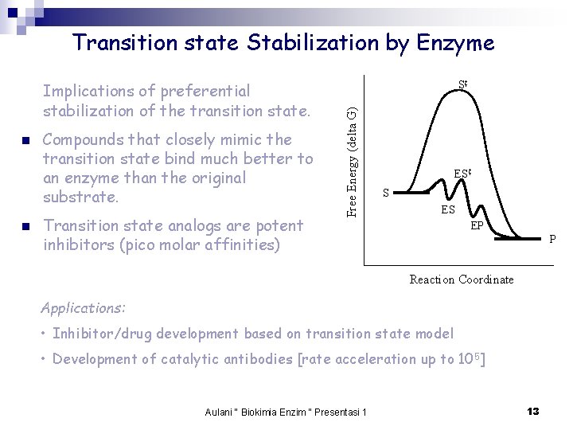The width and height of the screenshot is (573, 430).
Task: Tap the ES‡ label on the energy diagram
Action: [463, 173]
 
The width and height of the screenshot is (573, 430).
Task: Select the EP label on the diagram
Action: [477, 225]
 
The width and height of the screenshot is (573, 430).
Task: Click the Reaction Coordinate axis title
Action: [461, 279]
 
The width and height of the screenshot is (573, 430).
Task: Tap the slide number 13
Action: [532, 411]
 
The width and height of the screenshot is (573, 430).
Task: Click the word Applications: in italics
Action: [83, 307]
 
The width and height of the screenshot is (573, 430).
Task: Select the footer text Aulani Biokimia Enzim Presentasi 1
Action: [286, 412]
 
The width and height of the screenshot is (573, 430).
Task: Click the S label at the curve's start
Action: [386, 193]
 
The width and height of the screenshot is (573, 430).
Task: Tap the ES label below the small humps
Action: [448, 209]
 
